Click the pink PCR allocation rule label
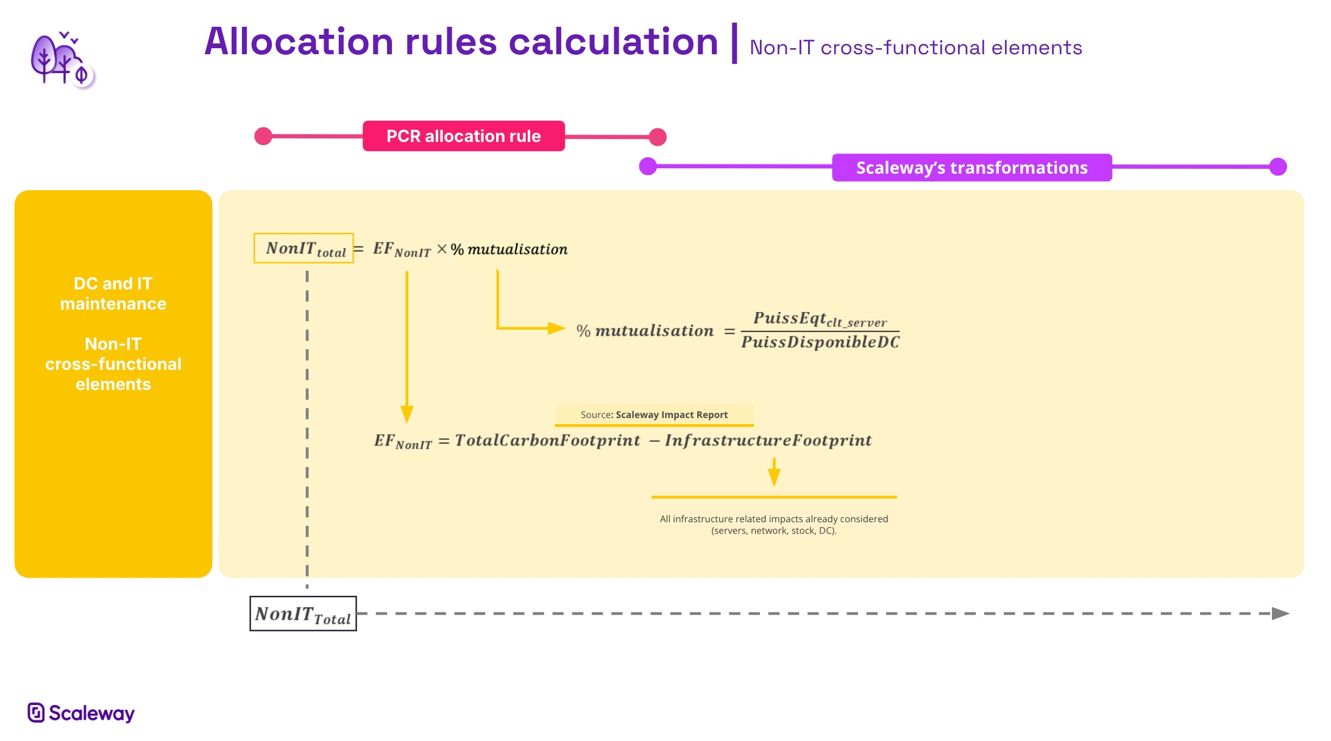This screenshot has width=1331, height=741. pos(463,136)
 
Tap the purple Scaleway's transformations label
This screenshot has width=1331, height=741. pos(971,168)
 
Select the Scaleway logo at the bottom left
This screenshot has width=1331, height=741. pos(81,712)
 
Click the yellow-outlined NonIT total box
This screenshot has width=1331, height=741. pos(303,249)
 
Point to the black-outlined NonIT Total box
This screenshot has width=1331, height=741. pos(303,614)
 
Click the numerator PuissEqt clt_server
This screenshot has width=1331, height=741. pos(820,319)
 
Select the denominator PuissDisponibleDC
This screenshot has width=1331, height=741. pos(820,342)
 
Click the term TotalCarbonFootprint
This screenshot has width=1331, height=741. pos(547,441)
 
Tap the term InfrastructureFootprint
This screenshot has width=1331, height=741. pos(768,441)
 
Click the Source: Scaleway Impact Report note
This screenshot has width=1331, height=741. pos(654,415)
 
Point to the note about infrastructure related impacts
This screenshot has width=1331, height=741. pos(773,525)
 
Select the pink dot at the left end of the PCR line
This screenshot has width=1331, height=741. pos(263,136)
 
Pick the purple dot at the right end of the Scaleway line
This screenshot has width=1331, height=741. pos(1278,166)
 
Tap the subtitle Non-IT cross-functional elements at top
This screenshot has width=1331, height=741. pos(915,48)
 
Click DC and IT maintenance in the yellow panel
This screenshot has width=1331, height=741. pos(113,294)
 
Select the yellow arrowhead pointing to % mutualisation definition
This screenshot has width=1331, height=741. pos(556,328)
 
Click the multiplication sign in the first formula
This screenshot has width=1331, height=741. pos(442,249)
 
